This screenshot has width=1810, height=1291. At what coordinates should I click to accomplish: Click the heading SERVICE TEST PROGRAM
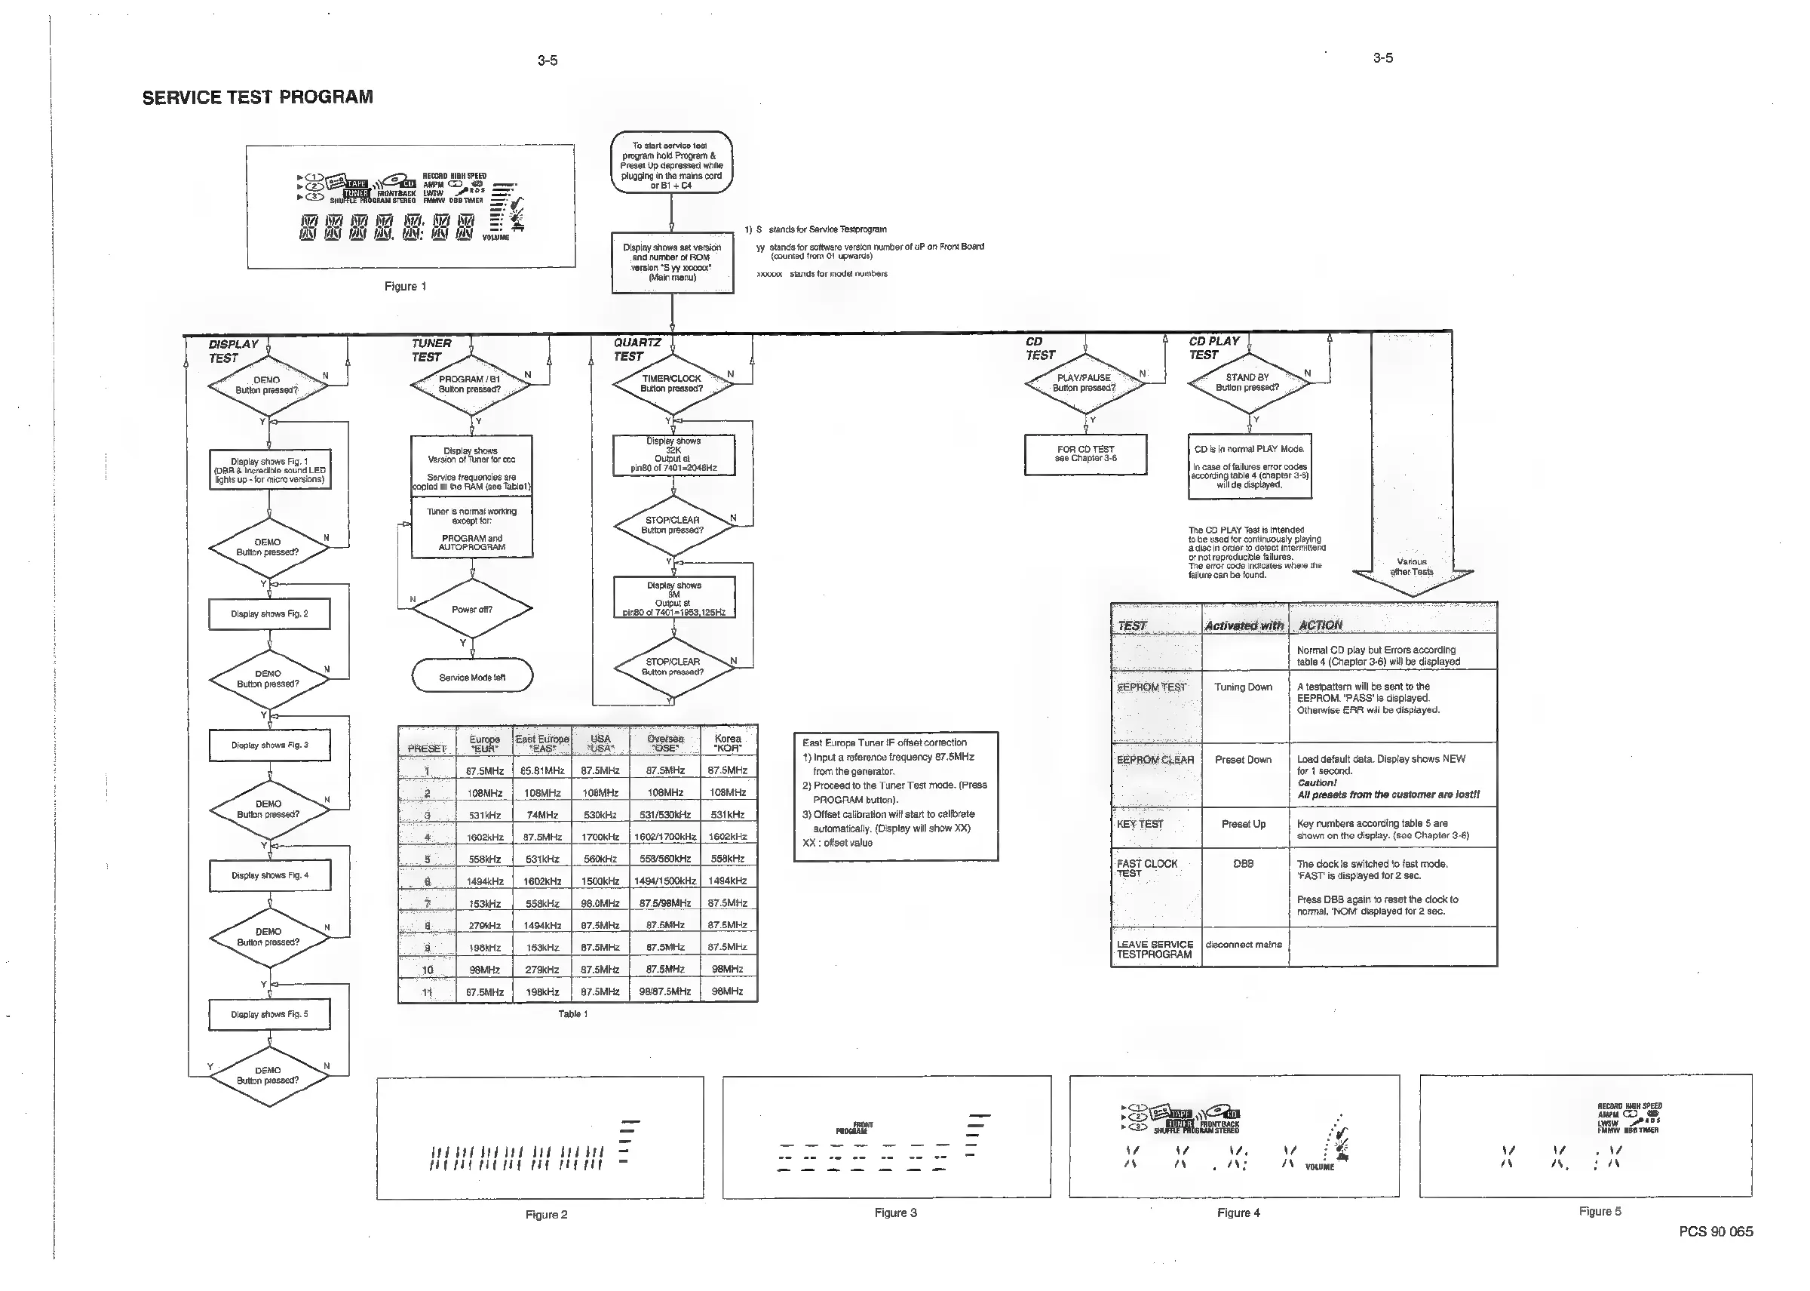(x=257, y=97)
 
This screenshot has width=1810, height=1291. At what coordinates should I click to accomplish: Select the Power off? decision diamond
(x=472, y=610)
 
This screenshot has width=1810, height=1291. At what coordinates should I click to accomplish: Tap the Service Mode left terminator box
(x=472, y=678)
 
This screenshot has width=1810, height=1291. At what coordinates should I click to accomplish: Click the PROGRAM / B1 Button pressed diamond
(x=470, y=385)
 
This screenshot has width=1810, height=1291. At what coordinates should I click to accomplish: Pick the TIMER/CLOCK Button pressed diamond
(x=671, y=384)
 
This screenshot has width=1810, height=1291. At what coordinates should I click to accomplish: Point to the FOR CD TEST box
(x=1085, y=454)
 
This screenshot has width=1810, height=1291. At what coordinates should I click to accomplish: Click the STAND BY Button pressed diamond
(x=1247, y=383)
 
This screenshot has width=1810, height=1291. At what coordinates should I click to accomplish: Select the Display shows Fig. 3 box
(x=269, y=745)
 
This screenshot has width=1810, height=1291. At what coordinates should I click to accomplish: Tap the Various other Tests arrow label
(x=1412, y=567)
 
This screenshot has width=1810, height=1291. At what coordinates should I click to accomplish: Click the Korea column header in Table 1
(x=728, y=743)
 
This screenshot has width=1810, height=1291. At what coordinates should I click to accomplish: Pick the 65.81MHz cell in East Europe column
(x=543, y=770)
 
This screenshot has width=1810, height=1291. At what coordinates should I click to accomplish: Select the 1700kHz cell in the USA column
(x=600, y=837)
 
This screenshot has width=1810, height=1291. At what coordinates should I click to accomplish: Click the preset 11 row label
(x=428, y=992)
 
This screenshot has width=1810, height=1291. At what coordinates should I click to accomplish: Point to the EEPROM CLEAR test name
(x=1155, y=760)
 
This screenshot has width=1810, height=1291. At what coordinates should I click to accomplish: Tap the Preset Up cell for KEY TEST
(x=1244, y=825)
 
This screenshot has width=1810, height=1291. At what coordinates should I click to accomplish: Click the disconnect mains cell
(x=1244, y=945)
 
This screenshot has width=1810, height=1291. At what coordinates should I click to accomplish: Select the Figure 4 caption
(x=1238, y=1213)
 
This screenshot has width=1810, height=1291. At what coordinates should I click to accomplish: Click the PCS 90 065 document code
(x=1716, y=1231)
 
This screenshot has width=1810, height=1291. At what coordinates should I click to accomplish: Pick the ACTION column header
(x=1321, y=626)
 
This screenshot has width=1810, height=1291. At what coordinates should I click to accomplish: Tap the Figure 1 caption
(x=405, y=286)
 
